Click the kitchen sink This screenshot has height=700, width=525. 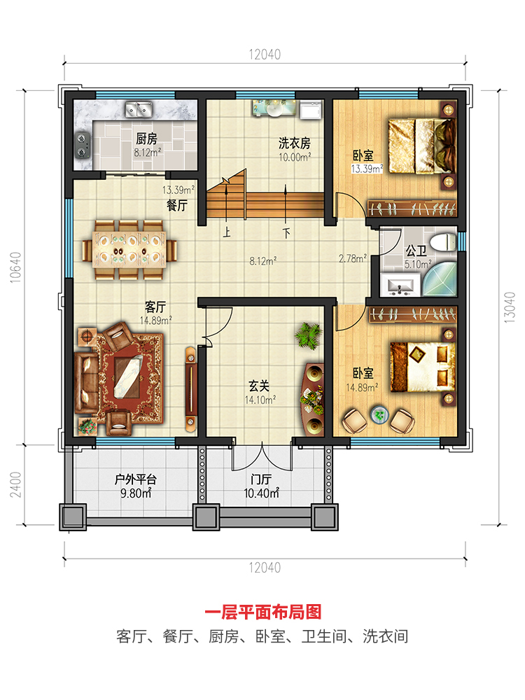click(x=139, y=109)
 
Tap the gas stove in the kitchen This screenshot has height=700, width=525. click(x=83, y=146)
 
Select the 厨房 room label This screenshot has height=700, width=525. click(x=146, y=139)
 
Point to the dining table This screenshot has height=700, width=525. click(x=129, y=249)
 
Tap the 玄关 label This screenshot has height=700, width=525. click(x=259, y=386)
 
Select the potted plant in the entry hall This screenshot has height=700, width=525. click(x=309, y=335)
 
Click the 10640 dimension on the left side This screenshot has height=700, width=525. click(x=15, y=267)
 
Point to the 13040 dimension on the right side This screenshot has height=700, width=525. click(x=510, y=307)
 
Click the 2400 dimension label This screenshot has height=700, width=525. click(x=15, y=485)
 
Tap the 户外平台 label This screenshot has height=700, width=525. click(x=136, y=479)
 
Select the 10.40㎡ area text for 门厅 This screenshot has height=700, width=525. click(x=261, y=493)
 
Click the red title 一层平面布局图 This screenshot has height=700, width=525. click(x=263, y=612)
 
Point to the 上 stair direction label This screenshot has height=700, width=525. click(x=227, y=232)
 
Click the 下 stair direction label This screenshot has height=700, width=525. click(x=286, y=233)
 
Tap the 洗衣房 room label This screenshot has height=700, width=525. click(x=294, y=143)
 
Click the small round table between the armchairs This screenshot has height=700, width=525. click(x=379, y=414)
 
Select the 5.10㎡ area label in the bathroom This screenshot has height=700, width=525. click(x=418, y=265)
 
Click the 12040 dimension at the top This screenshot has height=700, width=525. click(x=265, y=55)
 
